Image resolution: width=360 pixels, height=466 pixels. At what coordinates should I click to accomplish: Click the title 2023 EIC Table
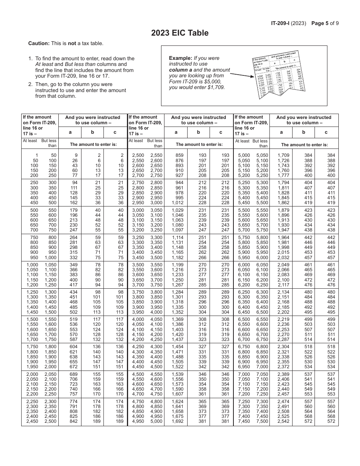point(180,33)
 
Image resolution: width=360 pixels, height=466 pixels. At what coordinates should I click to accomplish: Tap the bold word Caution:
point(39,43)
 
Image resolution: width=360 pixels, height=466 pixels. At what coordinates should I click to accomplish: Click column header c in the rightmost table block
point(327,132)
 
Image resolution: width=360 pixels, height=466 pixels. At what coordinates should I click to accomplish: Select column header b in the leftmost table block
point(92,132)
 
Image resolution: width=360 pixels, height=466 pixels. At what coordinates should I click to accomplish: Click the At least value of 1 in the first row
point(36,155)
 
